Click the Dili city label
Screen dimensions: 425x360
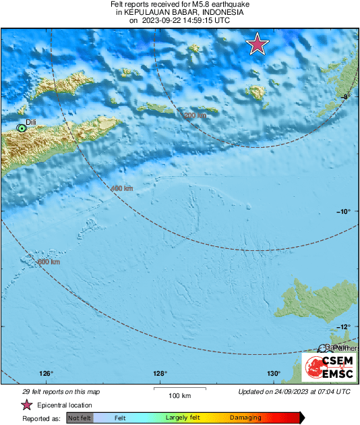(x=30, y=123)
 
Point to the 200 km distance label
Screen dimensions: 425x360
(x=196, y=115)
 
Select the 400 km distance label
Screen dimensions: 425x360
(x=121, y=188)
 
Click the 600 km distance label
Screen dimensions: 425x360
(x=49, y=262)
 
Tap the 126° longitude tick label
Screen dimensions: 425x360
(x=46, y=374)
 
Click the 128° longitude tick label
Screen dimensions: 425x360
(x=160, y=374)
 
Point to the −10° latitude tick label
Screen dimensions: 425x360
(x=343, y=211)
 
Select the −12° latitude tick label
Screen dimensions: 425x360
(x=343, y=327)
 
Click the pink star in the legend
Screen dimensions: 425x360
(x=27, y=405)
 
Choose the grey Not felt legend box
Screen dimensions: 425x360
(x=80, y=418)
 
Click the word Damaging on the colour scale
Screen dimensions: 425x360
(x=245, y=418)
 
